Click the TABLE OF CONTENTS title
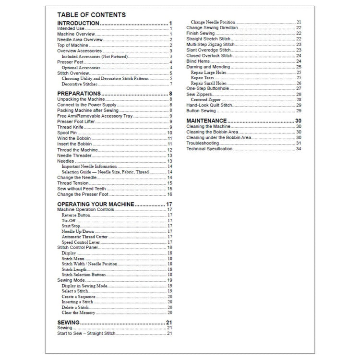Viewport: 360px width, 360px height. (x=91, y=15)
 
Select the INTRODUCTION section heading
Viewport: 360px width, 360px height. (x=78, y=23)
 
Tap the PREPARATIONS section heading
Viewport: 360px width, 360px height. (x=79, y=93)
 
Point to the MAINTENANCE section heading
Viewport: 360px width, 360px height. (x=206, y=120)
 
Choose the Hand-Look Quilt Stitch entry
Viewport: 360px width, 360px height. (x=210, y=105)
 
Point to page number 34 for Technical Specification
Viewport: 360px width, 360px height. (x=299, y=149)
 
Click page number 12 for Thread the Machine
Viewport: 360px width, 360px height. (x=169, y=150)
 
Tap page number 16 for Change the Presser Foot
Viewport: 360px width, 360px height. (x=169, y=194)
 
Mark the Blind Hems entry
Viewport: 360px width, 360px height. (x=197, y=61)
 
